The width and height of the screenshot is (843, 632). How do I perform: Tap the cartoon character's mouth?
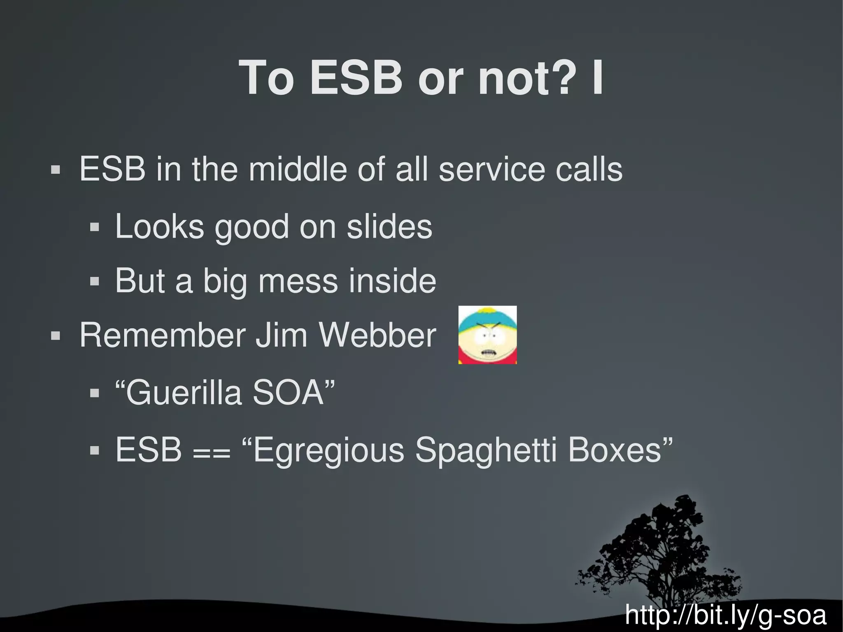click(488, 353)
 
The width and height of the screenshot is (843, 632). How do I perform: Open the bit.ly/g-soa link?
click(725, 615)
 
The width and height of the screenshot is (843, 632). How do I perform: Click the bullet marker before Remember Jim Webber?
click(55, 336)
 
